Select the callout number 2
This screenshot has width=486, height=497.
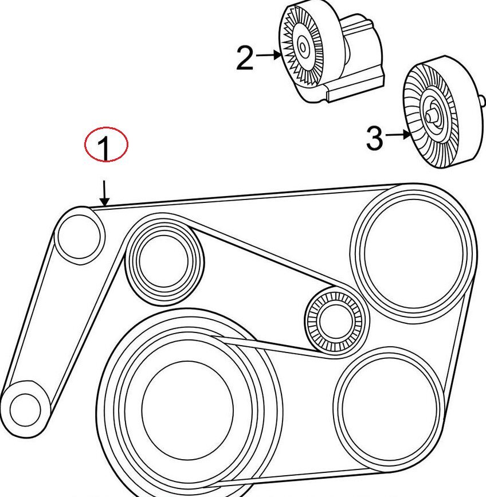click(245, 58)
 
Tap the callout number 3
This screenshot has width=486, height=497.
click(374, 138)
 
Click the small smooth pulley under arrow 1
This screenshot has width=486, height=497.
click(80, 235)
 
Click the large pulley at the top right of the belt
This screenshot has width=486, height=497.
click(413, 246)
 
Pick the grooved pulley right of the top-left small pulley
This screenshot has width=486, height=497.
click(163, 261)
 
